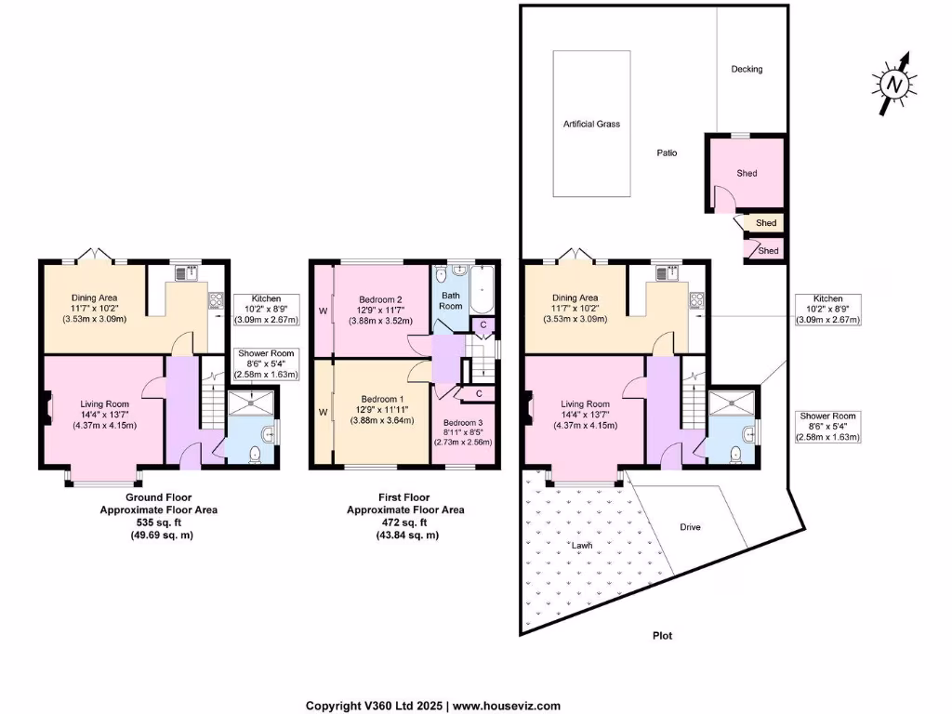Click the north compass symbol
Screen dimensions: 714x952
point(894,85)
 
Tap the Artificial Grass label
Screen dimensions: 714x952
point(591,124)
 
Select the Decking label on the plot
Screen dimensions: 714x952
point(747,70)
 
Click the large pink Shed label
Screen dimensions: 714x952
point(747,174)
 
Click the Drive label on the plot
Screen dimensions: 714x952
point(689,527)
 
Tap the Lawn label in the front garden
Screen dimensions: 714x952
point(581,547)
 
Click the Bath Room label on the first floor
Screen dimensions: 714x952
point(450,299)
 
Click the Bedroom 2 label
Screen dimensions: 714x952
point(380,299)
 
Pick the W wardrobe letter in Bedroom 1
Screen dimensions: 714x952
point(324,410)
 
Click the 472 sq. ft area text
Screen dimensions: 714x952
point(405,522)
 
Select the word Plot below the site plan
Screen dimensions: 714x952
point(661,636)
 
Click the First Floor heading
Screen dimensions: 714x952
point(405,497)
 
